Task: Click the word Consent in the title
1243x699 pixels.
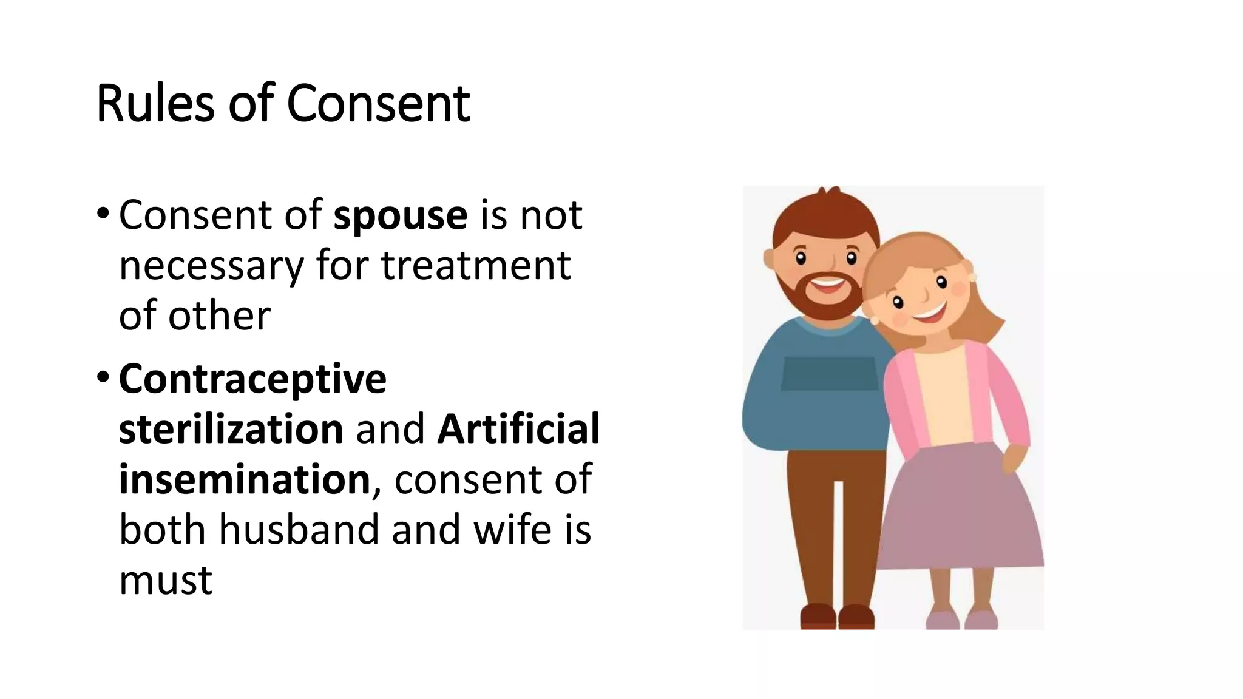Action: [378, 103]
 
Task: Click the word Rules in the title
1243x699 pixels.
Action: [155, 103]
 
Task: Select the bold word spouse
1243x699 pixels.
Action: [401, 215]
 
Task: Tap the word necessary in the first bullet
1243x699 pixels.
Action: [211, 266]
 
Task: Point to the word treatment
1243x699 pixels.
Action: [475, 266]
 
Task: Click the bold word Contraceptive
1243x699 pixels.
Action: [252, 379]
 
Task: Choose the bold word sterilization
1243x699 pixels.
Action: [231, 429]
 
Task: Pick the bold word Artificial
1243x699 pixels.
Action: [518, 429]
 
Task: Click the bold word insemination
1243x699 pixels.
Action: [244, 479]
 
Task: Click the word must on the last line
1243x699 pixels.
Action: [165, 580]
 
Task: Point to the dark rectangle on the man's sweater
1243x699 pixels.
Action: [829, 373]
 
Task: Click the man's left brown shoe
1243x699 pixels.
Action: [818, 615]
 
